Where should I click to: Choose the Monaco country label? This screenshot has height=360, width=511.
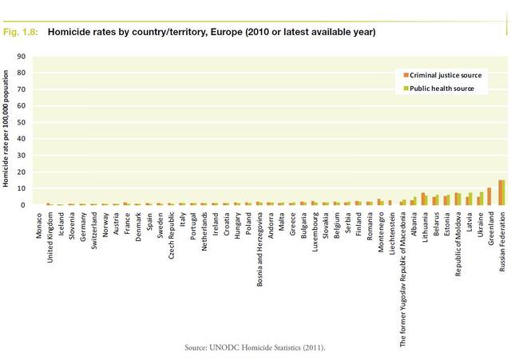tap(40, 227)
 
